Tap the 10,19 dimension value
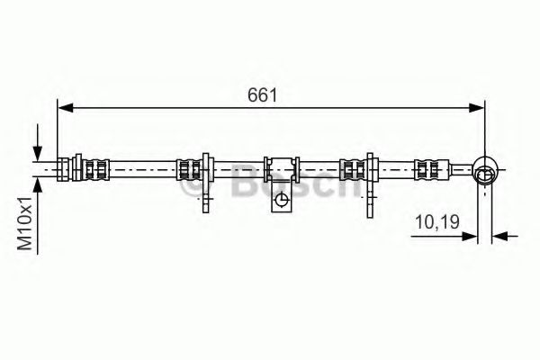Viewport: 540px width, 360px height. (434, 221)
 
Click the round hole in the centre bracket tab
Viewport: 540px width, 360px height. (282, 200)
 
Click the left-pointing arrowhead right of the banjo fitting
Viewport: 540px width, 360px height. (500, 238)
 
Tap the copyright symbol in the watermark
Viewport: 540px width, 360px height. (192, 190)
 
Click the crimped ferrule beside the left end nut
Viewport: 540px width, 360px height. (97, 168)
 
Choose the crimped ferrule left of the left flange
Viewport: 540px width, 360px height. (188, 168)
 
